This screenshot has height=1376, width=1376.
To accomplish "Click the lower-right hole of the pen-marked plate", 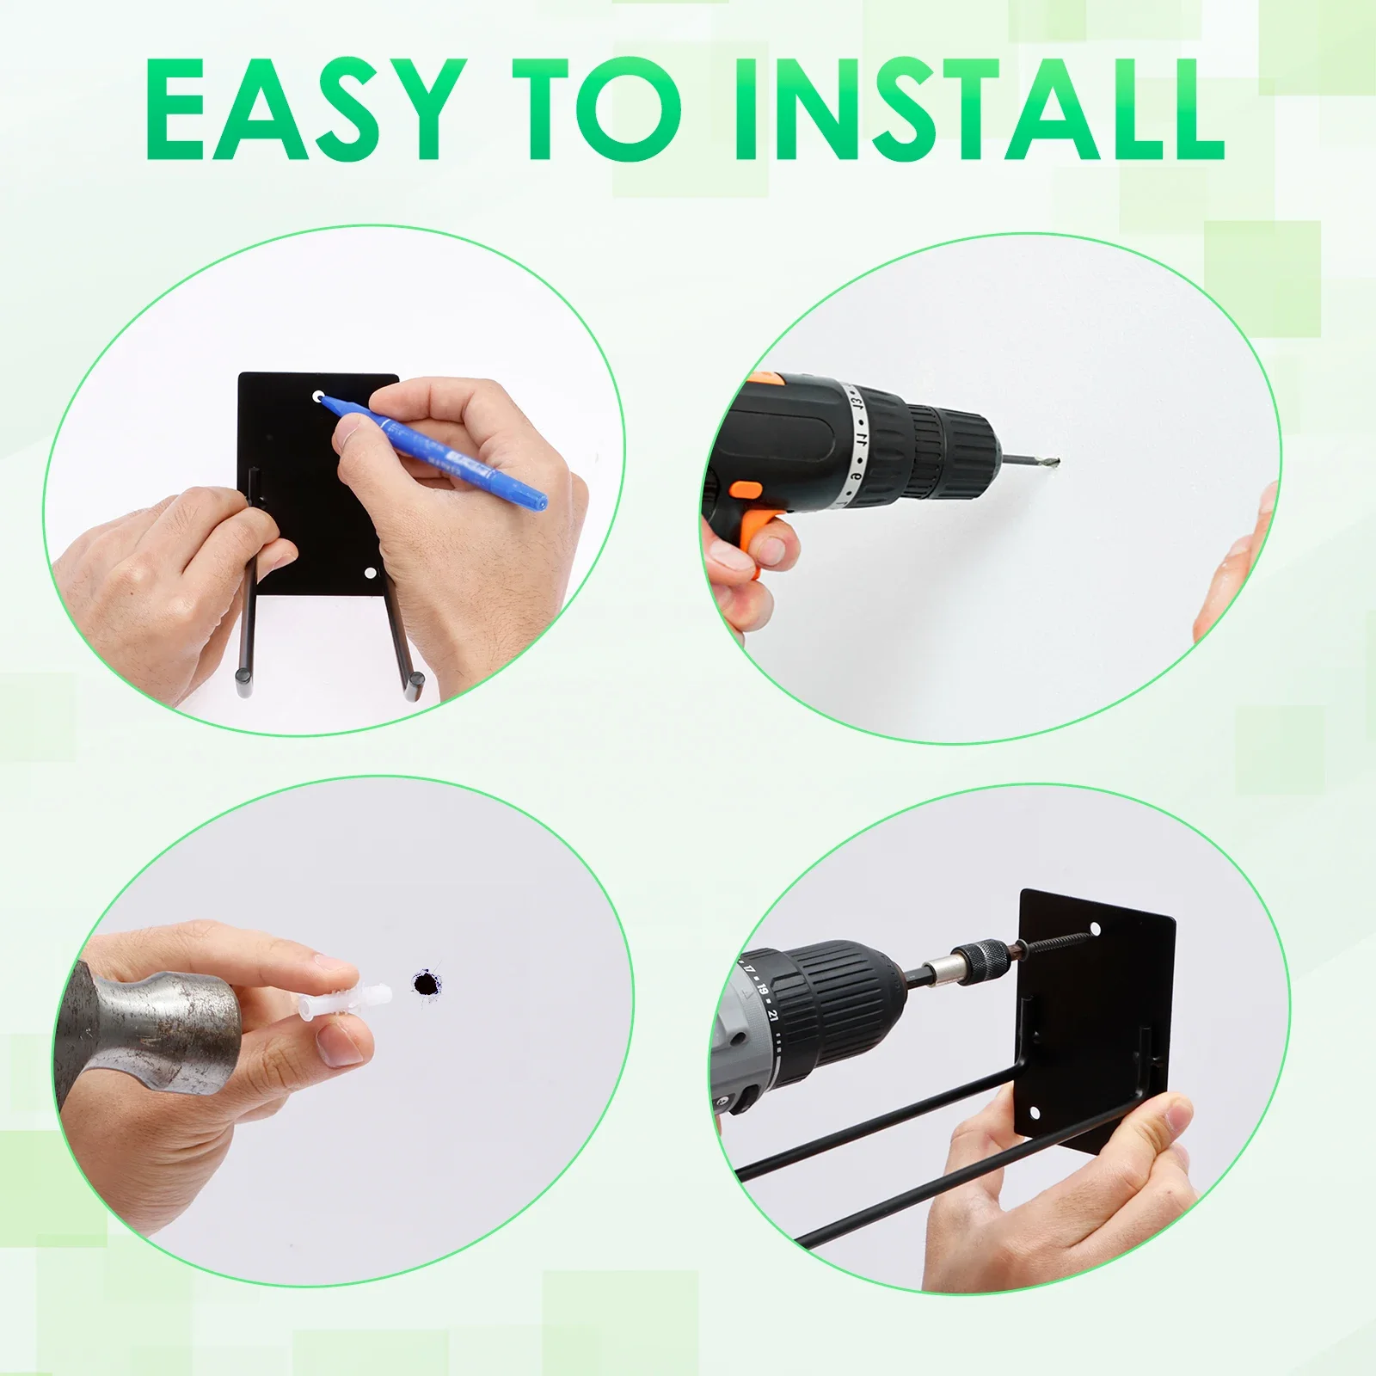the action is pyautogui.click(x=371, y=573).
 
